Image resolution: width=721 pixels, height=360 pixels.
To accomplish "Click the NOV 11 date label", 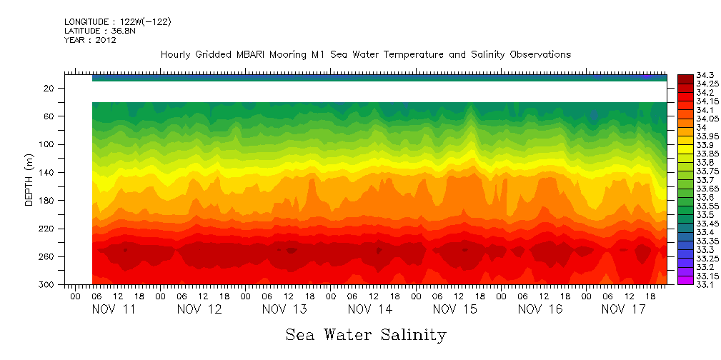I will coord(114,309).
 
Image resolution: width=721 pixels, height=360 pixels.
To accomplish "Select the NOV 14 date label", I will coord(369,309).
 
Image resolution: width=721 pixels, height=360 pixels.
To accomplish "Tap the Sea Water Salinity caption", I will coord(366,334).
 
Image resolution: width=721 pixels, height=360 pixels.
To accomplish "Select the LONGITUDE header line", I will coord(117,22).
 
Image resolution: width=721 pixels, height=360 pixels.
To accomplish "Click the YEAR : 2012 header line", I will coord(90,40).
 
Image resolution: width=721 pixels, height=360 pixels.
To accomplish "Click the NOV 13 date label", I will coord(284,309).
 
